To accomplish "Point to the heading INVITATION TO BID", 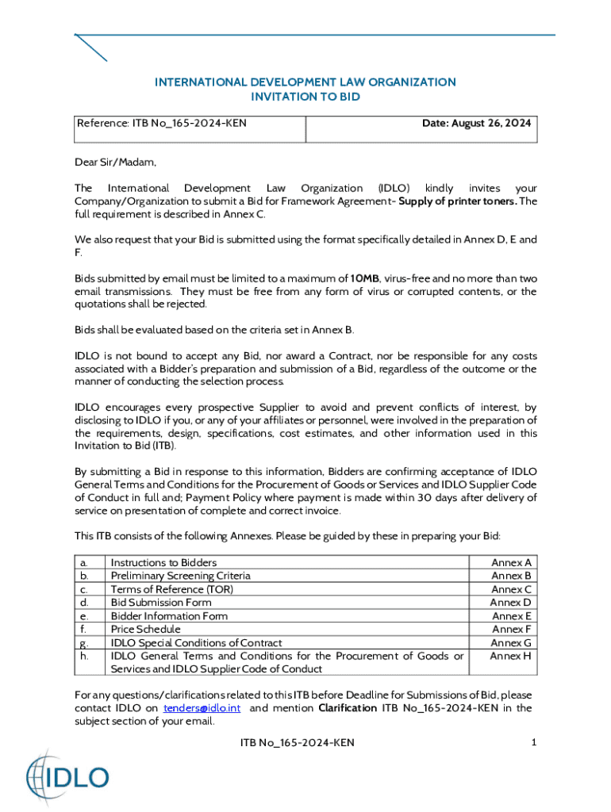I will coord(305,97).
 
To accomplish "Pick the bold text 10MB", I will coord(365,278).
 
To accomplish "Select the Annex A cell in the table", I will coord(512,562).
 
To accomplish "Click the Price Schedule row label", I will coord(145,629).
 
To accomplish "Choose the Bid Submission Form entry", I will coord(161,603).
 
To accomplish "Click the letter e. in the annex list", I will coord(85,616).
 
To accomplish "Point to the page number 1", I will coord(534,742).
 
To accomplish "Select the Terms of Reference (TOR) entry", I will coord(172,589).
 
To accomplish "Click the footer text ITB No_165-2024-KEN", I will coord(297,742).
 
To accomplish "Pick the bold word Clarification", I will coord(348,708).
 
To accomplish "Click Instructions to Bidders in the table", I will coord(163,562).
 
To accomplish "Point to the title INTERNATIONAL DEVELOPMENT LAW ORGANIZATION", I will coord(305,82).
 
